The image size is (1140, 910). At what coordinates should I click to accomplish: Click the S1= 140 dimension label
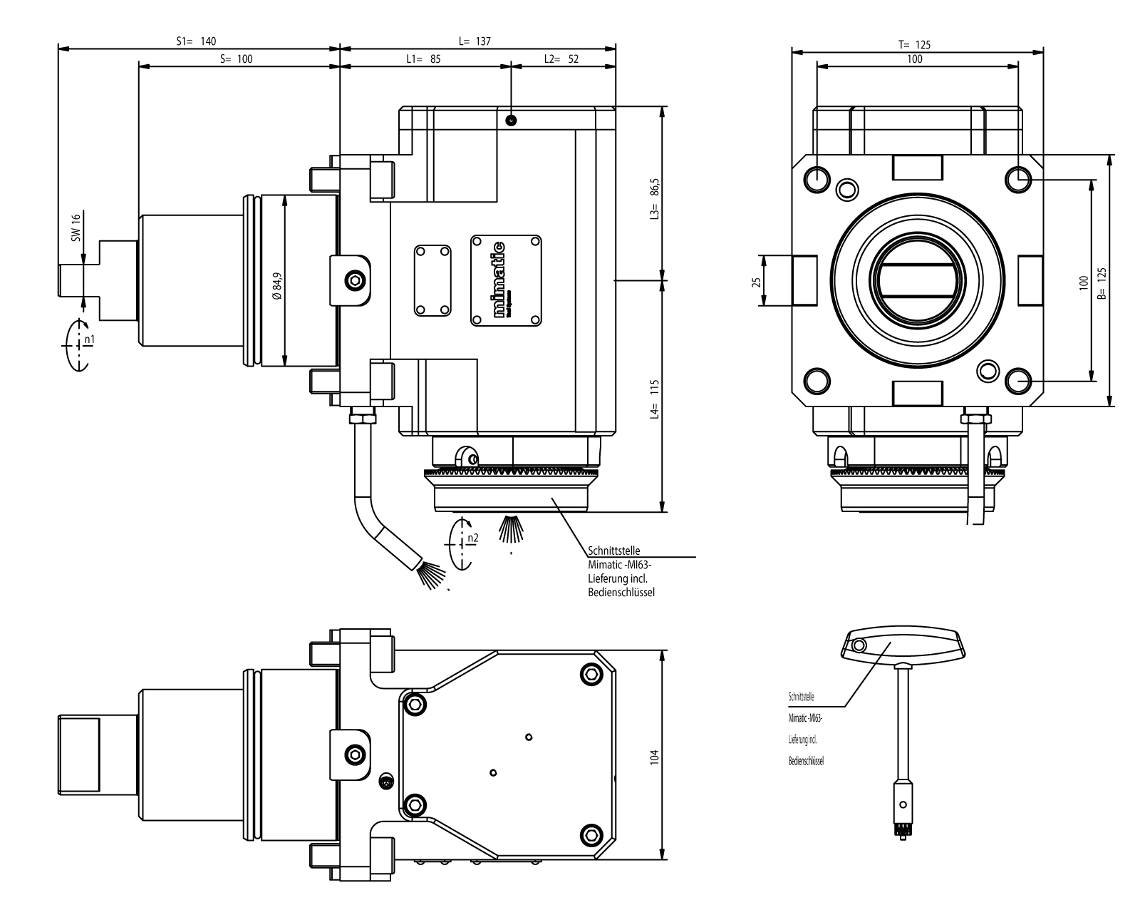[196, 41]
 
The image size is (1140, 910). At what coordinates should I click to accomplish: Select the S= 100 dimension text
[237, 59]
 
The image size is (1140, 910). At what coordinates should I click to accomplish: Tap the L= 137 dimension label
[475, 41]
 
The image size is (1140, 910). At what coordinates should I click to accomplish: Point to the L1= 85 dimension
[423, 59]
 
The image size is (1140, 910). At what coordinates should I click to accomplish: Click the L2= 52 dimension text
[561, 59]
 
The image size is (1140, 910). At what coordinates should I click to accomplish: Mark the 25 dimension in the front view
[757, 281]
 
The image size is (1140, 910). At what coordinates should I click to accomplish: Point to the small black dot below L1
[511, 119]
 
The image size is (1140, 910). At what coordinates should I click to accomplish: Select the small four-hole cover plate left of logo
[432, 281]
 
